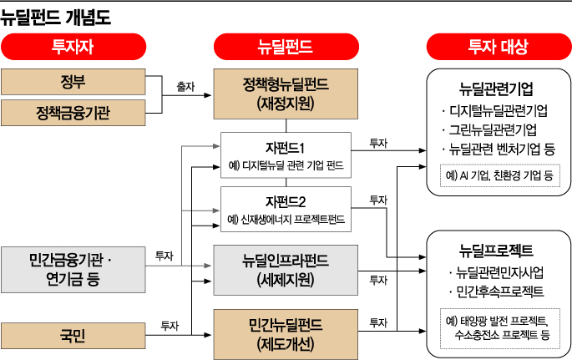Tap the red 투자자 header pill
coord(73,48)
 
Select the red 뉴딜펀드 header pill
coord(286,48)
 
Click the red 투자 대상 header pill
coord(498,48)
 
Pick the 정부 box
coord(73,82)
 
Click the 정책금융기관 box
coord(73,111)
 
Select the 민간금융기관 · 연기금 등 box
coord(73,269)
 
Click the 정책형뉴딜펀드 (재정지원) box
coord(286,94)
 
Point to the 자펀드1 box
coord(286,155)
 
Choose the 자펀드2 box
coord(286,210)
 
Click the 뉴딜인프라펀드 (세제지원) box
coord(286,270)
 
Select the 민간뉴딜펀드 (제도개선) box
coord(286,332)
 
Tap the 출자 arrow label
coord(185,85)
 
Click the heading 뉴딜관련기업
coord(496,89)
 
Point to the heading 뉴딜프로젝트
coord(496,250)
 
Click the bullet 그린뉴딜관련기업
coord(494,130)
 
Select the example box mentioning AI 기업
coord(499,177)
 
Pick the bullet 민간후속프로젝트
coord(498,292)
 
